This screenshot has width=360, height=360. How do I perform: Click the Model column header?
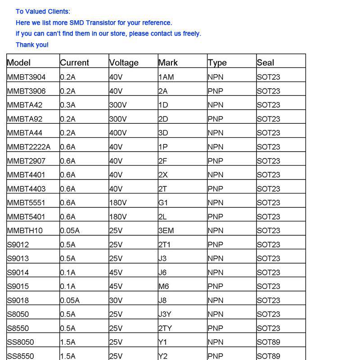click(x=19, y=63)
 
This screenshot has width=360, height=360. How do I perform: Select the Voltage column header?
click(x=124, y=63)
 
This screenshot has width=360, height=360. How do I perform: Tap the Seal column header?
click(x=265, y=63)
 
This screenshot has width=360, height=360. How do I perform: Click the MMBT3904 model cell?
click(x=26, y=77)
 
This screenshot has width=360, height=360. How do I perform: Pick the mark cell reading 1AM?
click(x=166, y=77)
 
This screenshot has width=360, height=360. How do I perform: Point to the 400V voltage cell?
click(x=118, y=133)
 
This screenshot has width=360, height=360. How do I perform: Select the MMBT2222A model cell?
click(x=29, y=147)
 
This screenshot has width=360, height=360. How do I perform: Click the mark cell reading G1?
click(x=163, y=202)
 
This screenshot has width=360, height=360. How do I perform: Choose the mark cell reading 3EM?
click(x=166, y=230)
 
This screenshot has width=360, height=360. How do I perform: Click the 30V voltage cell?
click(x=116, y=300)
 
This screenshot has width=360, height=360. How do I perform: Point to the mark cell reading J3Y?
click(x=165, y=314)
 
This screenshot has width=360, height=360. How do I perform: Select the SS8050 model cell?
click(x=20, y=342)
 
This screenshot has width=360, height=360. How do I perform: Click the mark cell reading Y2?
click(x=163, y=356)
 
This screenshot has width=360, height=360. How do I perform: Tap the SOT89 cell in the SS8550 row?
click(x=268, y=356)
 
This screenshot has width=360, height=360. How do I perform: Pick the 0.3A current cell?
click(x=67, y=105)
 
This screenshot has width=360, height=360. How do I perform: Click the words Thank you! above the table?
click(x=32, y=45)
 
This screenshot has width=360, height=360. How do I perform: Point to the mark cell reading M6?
click(x=163, y=286)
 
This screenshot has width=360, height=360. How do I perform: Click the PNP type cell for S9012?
click(x=215, y=244)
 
